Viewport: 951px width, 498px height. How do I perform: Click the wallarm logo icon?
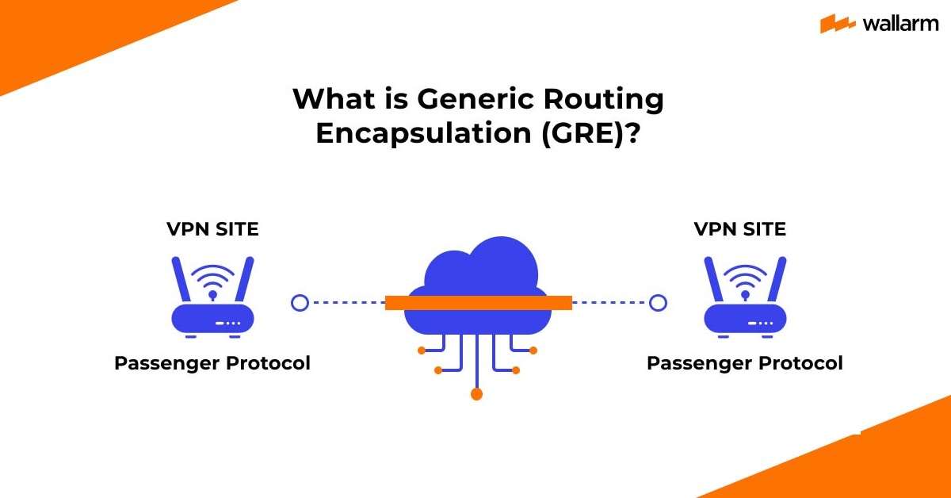836,24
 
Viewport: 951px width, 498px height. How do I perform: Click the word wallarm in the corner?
896,24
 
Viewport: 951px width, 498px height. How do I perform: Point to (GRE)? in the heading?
590,132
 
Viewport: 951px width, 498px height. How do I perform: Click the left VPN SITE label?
212,229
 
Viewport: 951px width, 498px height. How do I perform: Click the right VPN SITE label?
740,229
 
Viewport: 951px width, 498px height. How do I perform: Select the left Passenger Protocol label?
212,363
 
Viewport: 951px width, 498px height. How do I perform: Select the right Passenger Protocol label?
745,363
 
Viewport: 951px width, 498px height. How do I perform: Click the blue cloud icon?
476,270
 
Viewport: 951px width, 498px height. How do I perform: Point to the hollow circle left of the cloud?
299,302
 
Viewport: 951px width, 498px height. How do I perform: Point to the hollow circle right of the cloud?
658,302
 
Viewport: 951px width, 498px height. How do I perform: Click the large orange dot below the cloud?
476,393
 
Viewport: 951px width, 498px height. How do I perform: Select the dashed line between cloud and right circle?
610,302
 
